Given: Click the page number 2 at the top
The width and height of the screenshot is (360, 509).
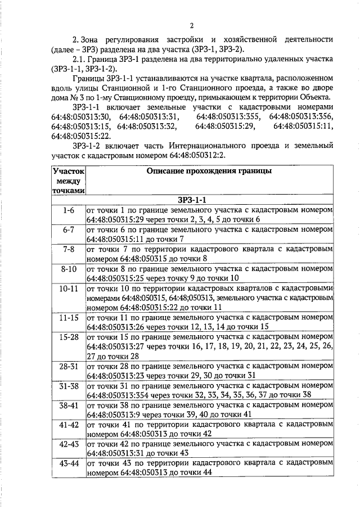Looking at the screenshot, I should (x=191, y=25).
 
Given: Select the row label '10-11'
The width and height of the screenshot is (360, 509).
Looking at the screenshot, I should (x=68, y=289).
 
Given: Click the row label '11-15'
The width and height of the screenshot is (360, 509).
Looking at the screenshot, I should (x=68, y=318).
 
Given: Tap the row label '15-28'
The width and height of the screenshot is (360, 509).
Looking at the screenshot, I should (x=68, y=337).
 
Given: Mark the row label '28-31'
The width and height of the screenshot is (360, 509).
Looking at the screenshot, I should (x=68, y=366).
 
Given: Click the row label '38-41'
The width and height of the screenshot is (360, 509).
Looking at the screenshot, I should (x=68, y=406).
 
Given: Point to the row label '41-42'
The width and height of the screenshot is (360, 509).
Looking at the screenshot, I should (x=68, y=425).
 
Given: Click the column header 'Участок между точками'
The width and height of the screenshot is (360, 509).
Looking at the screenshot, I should (x=68, y=181).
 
